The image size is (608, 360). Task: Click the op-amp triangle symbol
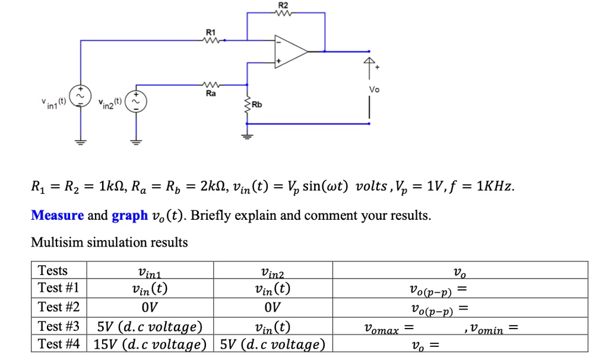(290, 51)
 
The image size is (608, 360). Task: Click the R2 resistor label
(283, 5)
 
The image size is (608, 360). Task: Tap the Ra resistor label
(211, 93)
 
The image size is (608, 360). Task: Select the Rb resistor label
(256, 105)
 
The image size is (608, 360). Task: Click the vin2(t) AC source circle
(137, 102)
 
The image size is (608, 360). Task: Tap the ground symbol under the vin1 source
(80, 141)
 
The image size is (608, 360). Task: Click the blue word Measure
(57, 215)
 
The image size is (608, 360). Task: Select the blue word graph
(129, 215)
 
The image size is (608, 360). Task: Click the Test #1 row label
(58, 288)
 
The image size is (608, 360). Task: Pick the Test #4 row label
(58, 344)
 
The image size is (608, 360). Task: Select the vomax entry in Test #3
(389, 328)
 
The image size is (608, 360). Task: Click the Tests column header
(53, 270)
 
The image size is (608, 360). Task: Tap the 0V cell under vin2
(273, 307)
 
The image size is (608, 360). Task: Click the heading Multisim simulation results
(109, 242)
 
